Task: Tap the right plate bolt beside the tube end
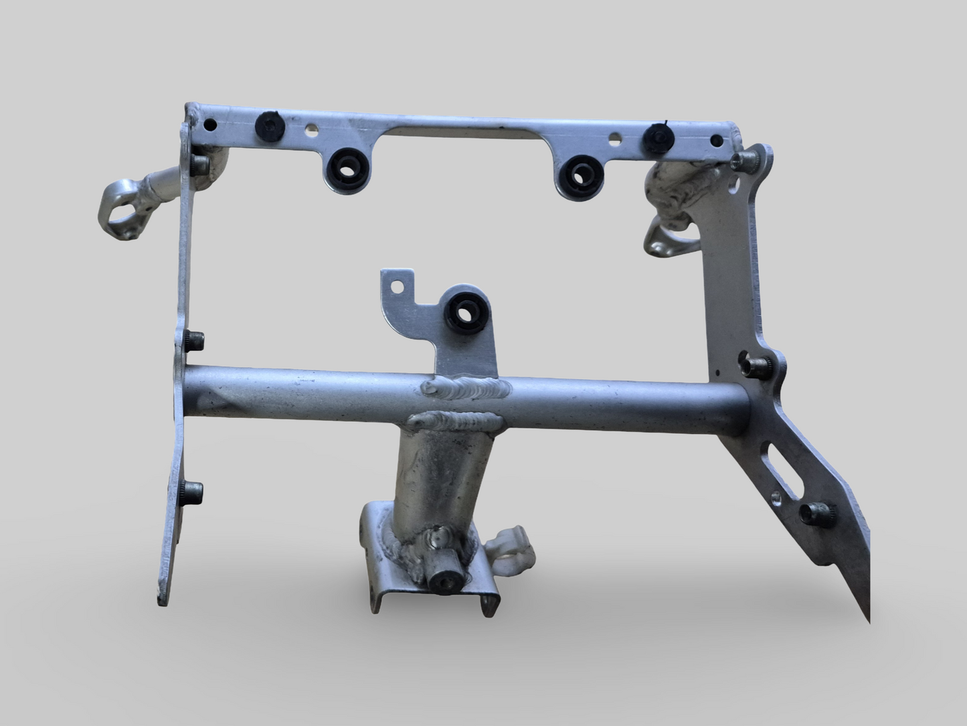pos(754,364)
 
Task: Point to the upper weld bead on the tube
pos(465,388)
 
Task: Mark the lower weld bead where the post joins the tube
pos(454,422)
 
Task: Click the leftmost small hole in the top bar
pos(211,124)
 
